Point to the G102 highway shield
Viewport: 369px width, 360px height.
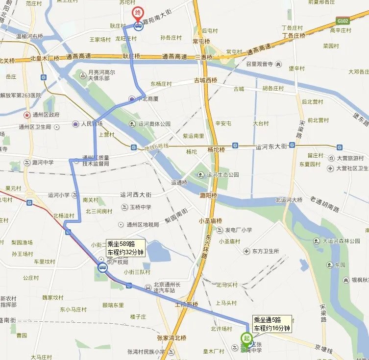point(343,21)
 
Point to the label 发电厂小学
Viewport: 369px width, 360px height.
point(238,230)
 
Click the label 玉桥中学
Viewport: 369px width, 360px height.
point(139,207)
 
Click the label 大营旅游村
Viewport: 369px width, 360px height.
point(349,158)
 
